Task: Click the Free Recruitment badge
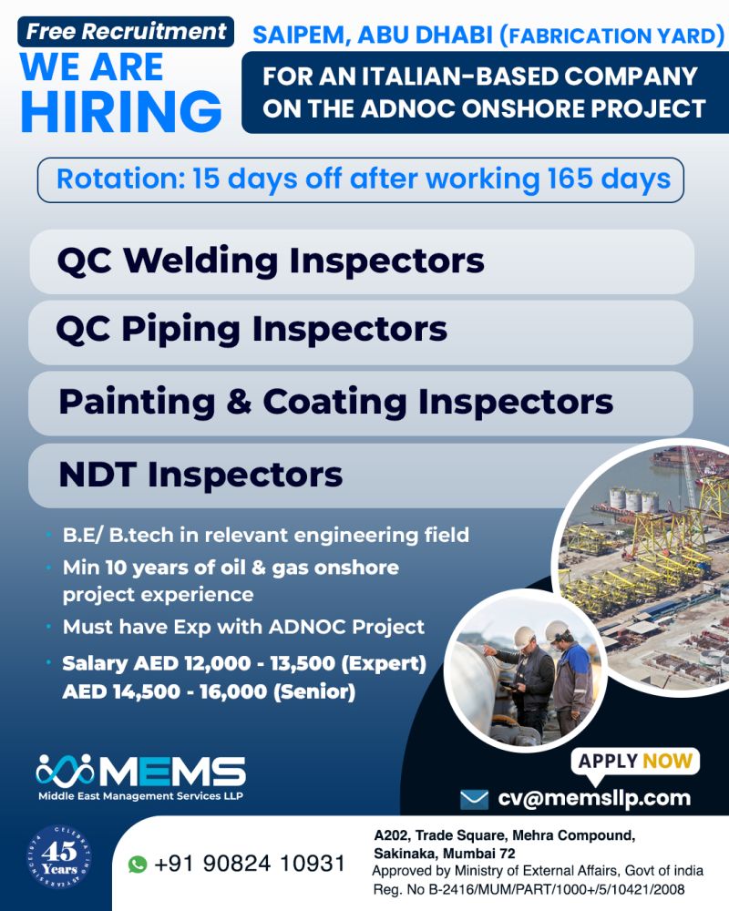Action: [x=126, y=31]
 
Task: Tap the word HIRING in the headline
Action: [x=121, y=111]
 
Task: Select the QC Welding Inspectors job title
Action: [x=271, y=261]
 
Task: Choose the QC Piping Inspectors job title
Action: [x=252, y=330]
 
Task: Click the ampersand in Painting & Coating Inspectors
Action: [x=239, y=402]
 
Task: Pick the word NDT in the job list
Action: [x=98, y=475]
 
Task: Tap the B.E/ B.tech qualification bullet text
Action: [x=266, y=535]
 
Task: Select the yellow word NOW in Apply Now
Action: [x=667, y=761]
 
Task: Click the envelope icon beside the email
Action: [x=474, y=800]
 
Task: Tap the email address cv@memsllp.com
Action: [x=594, y=798]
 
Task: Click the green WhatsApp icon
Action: [x=138, y=864]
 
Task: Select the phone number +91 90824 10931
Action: [x=250, y=864]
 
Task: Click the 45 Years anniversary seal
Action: [x=59, y=857]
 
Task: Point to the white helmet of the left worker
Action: [x=524, y=637]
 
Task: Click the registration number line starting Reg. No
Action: [x=529, y=889]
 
